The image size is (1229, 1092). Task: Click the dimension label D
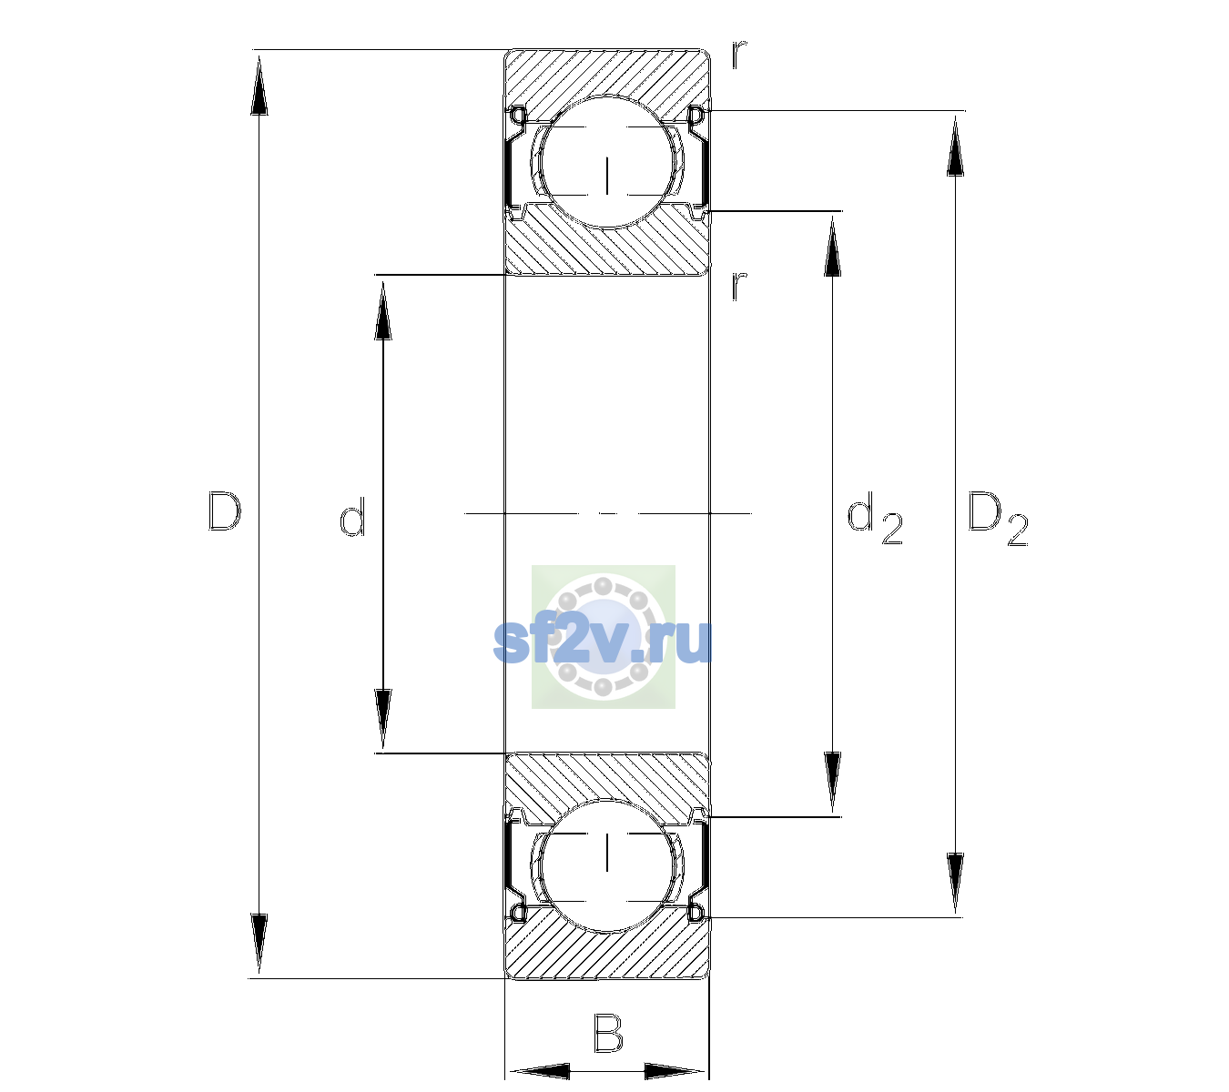point(225,511)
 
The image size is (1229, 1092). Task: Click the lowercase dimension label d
point(352,517)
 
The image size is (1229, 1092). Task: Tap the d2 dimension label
point(874,519)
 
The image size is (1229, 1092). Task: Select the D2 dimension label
point(998,519)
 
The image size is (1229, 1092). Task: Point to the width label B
point(608,1034)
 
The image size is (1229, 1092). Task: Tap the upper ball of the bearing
point(607,162)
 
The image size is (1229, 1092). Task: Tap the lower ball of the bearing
point(607,865)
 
